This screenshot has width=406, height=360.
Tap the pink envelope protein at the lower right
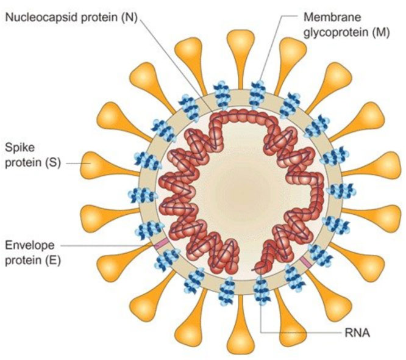click(x=305, y=262)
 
